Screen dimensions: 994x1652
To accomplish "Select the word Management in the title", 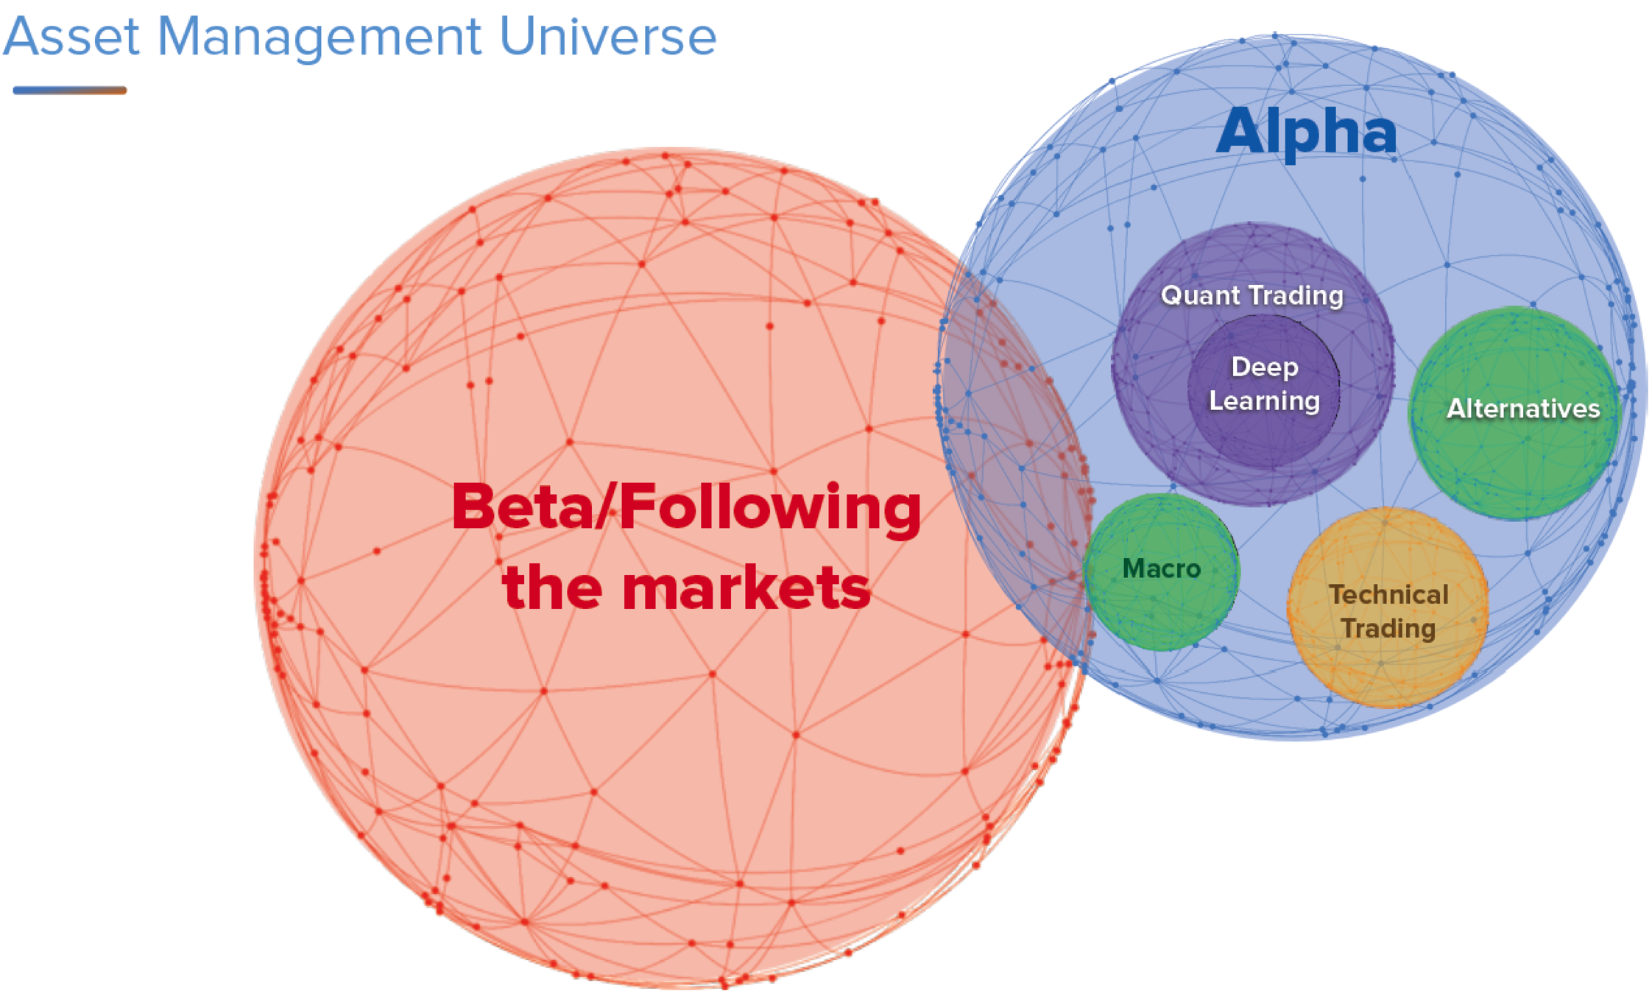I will click(x=319, y=37).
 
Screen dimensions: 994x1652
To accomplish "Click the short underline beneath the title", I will click(x=70, y=91).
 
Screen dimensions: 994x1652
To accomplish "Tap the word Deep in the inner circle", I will click(x=1265, y=367).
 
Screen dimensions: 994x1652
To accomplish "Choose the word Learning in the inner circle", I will click(x=1265, y=402).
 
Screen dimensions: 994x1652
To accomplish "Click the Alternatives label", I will click(x=1522, y=409).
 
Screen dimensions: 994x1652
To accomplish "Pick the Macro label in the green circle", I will click(x=1161, y=568).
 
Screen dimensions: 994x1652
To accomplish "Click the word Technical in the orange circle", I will click(x=1388, y=595).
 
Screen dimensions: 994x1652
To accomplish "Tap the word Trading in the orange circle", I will click(x=1388, y=629).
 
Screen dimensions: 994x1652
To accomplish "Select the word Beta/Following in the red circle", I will click(x=686, y=508).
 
